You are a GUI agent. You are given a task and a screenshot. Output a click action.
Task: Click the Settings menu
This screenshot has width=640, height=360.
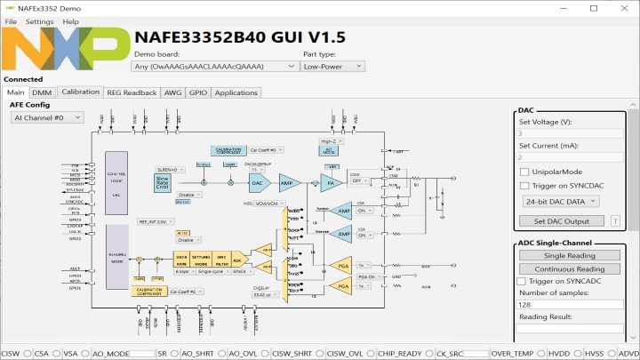39,21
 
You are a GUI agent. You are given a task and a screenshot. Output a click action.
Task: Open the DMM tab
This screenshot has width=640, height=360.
42,92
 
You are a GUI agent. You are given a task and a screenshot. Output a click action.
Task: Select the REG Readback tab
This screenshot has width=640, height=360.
132,92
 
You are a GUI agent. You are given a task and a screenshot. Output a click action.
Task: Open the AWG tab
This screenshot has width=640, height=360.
172,92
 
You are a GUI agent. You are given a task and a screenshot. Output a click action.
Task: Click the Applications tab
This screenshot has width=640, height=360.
236,92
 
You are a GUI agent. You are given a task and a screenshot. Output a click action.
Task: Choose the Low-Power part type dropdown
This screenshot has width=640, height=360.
333,66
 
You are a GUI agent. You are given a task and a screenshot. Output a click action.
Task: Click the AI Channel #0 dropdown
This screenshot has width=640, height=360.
47,117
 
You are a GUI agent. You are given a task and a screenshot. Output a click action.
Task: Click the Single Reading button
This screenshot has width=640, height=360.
570,256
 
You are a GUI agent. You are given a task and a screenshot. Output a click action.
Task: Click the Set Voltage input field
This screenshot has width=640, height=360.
570,133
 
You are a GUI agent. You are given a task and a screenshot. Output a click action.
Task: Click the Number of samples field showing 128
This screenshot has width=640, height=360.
570,304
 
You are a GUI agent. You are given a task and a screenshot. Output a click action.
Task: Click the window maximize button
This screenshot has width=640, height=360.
594,8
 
